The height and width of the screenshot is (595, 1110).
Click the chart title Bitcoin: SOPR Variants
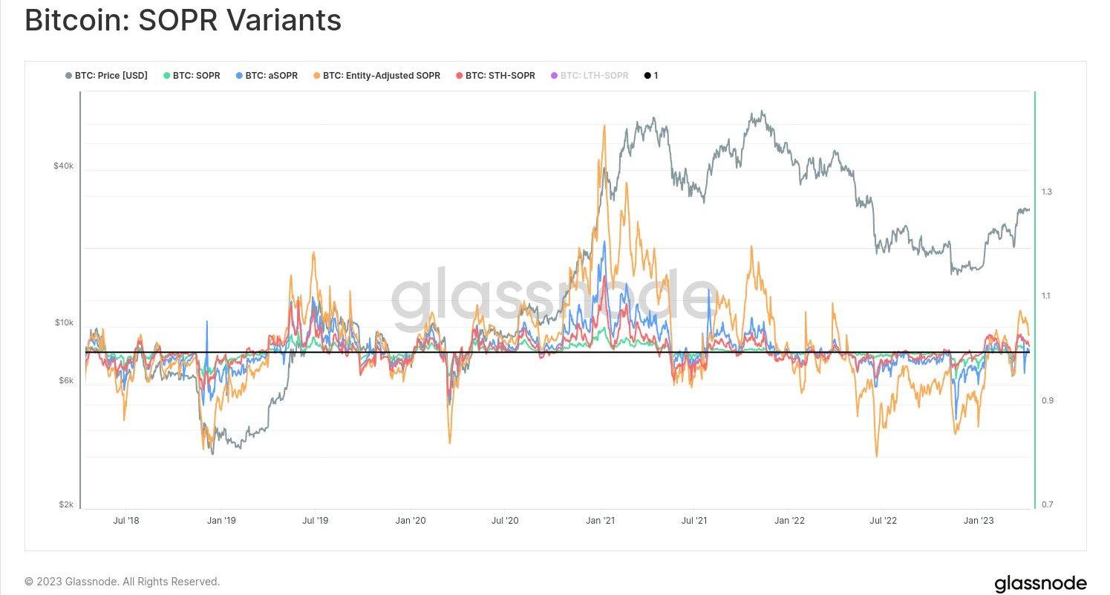click(183, 20)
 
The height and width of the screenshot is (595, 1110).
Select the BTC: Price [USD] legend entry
click(111, 76)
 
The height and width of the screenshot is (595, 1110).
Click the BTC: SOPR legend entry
click(196, 76)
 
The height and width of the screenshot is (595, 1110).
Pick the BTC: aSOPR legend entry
click(271, 76)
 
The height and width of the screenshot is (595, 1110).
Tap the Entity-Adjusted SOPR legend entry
click(381, 76)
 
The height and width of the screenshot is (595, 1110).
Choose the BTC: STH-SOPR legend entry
click(500, 76)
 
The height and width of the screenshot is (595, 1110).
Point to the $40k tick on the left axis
click(63, 166)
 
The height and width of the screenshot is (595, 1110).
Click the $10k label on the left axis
click(63, 322)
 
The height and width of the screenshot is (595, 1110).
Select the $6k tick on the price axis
click(65, 380)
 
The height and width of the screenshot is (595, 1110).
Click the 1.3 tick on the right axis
click(1047, 192)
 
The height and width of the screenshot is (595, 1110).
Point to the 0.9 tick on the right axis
click(1047, 400)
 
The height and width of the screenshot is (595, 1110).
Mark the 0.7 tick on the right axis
click(1047, 505)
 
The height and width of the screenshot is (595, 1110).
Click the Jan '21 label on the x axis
click(600, 521)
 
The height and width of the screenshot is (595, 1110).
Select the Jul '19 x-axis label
click(315, 521)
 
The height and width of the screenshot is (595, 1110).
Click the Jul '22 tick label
click(883, 521)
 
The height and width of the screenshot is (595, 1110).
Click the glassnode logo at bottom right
click(1040, 583)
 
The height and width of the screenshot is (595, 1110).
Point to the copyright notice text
click(123, 582)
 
